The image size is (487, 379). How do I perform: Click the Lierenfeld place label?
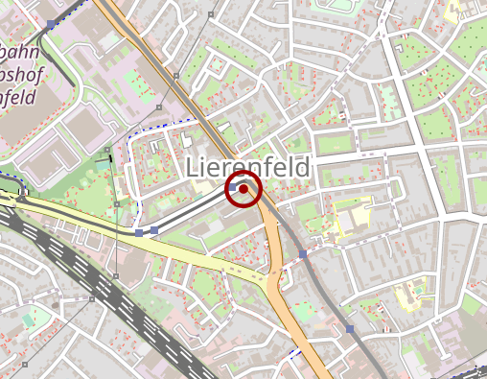point(248,167)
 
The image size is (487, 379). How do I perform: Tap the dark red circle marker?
point(243,189)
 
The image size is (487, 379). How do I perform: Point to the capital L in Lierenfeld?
point(192,167)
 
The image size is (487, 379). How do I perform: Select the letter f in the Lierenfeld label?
point(267,167)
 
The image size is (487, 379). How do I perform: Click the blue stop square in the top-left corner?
point(51,23)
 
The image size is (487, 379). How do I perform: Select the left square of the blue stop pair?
point(140,232)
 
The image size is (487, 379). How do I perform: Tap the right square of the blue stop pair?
point(154,230)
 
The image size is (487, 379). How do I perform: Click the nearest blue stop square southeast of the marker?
point(303,254)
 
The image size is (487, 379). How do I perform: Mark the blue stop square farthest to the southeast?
point(350,329)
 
